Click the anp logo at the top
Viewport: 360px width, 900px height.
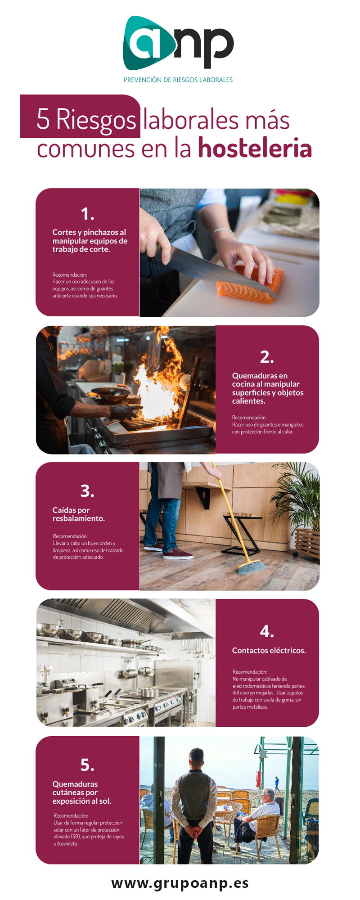point(178,43)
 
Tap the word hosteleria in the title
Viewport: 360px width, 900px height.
point(255,148)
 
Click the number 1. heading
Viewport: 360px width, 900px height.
point(88,214)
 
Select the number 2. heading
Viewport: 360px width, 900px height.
point(267,357)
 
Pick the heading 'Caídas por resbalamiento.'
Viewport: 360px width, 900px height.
point(79,514)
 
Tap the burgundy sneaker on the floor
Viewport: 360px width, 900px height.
point(178,554)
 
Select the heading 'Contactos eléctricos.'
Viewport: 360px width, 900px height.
point(269,650)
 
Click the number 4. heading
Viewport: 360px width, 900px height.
point(267,631)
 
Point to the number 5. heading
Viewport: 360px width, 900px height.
point(87,765)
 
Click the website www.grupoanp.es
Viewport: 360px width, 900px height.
point(180,883)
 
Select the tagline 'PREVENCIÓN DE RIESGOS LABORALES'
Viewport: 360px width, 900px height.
point(178,80)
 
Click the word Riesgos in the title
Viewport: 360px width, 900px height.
point(96,120)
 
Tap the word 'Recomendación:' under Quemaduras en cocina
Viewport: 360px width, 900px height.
point(249,418)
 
